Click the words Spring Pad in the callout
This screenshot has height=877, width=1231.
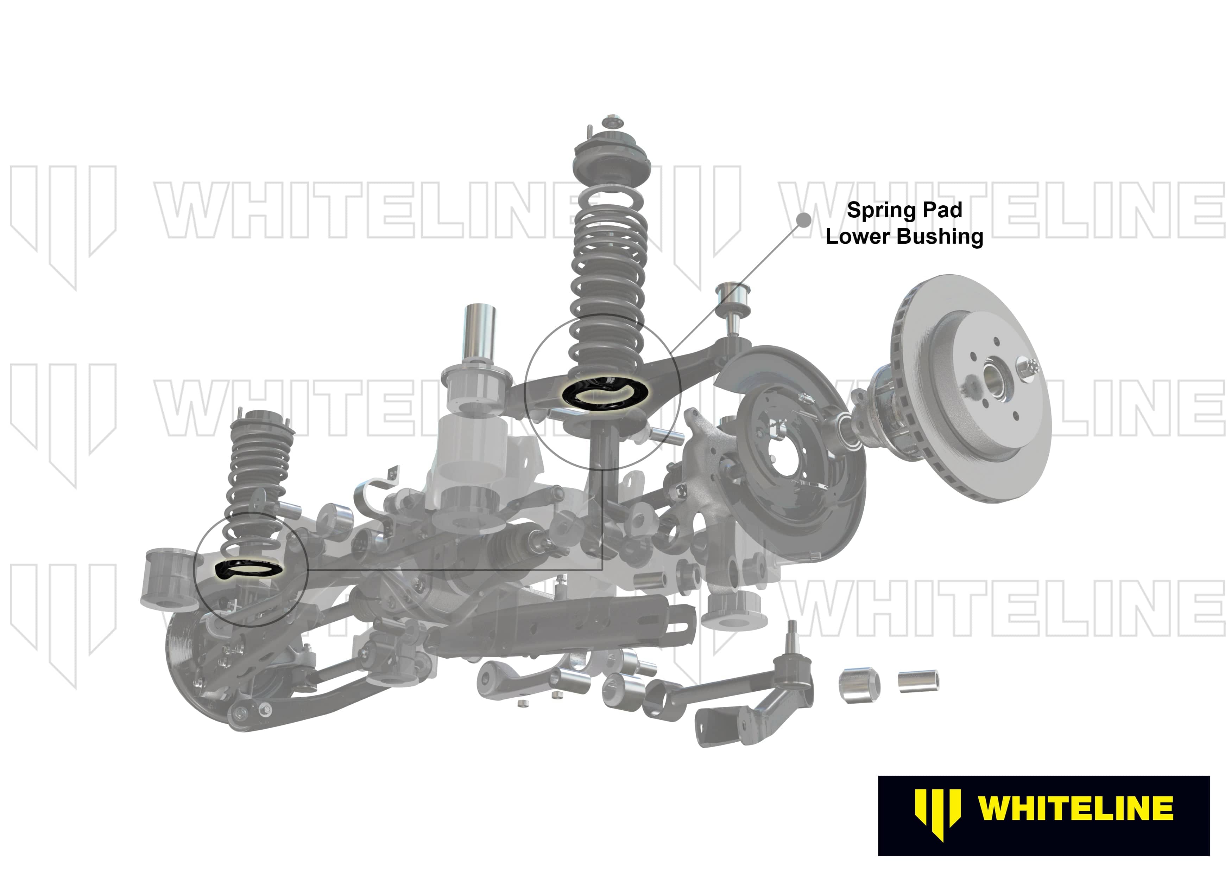click(x=904, y=210)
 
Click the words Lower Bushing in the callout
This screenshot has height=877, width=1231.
click(x=904, y=237)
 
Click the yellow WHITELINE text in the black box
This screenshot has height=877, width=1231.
click(x=1075, y=809)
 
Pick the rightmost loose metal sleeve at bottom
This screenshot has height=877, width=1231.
click(x=918, y=681)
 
